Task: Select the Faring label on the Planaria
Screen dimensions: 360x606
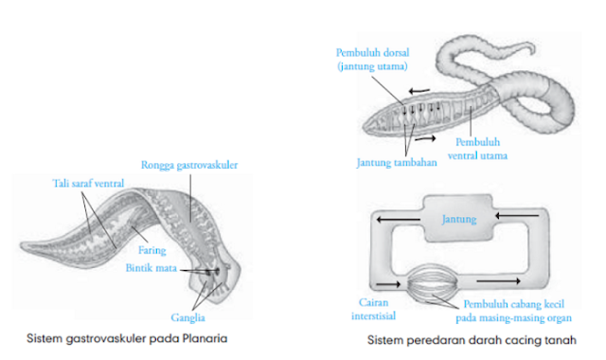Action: [151, 250]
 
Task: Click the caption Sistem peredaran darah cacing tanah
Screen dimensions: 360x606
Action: [478, 339]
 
